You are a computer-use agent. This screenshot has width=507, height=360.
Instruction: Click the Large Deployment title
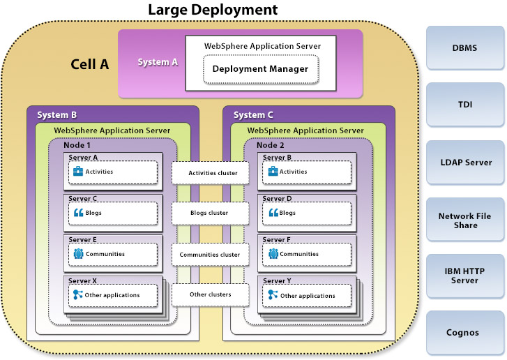coord(213,10)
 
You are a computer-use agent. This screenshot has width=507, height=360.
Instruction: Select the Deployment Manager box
coord(260,69)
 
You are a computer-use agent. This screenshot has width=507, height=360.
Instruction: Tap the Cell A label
coord(90,64)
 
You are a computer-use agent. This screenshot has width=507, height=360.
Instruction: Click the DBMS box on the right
coord(464,47)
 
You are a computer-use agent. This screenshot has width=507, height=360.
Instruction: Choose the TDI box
coord(464,105)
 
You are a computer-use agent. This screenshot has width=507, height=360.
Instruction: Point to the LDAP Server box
coord(464,163)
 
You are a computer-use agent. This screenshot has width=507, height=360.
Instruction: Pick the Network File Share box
coord(464,220)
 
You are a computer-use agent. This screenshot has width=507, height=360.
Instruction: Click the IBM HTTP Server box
coord(464,275)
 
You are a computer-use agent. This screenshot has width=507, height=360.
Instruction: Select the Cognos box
coord(464,332)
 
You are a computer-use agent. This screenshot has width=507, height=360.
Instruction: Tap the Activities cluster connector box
coord(210,173)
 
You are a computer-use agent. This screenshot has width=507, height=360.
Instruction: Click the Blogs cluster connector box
coord(210,213)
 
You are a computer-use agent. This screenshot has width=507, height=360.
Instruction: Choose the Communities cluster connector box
coord(210,255)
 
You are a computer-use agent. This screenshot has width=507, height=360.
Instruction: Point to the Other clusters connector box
coord(210,294)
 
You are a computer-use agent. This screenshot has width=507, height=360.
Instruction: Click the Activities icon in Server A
coord(78,172)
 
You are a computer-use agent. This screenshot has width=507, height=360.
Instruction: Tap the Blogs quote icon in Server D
coord(273,213)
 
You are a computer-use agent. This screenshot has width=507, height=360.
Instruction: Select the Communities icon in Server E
coord(78,254)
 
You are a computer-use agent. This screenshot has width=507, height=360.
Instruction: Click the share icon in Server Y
coord(273,295)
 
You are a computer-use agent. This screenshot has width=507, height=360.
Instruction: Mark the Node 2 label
coord(271,144)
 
